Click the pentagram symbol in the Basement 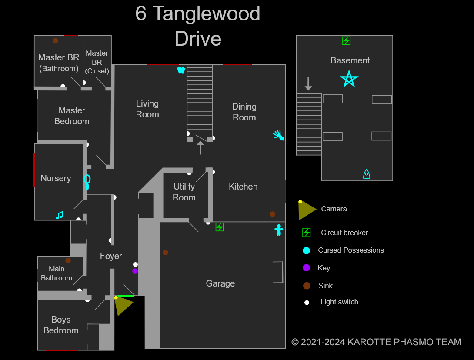point(349,79)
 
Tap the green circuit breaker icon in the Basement point(346,41)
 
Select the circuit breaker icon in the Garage point(220,227)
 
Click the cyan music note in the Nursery point(60,215)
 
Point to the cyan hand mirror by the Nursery point(87,182)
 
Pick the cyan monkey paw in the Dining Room point(279,135)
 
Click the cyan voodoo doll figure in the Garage point(279,230)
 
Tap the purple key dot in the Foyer point(135,271)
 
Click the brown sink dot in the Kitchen point(272,214)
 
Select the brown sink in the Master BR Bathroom point(55,41)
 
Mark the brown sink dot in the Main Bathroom point(68,260)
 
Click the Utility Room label point(184,192)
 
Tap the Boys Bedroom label point(61,325)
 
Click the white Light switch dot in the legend point(307,303)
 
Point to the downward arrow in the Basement point(308,83)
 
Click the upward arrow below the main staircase point(200,148)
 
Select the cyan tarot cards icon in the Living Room point(181,70)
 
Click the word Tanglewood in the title point(206,13)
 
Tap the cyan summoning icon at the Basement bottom point(367,174)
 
